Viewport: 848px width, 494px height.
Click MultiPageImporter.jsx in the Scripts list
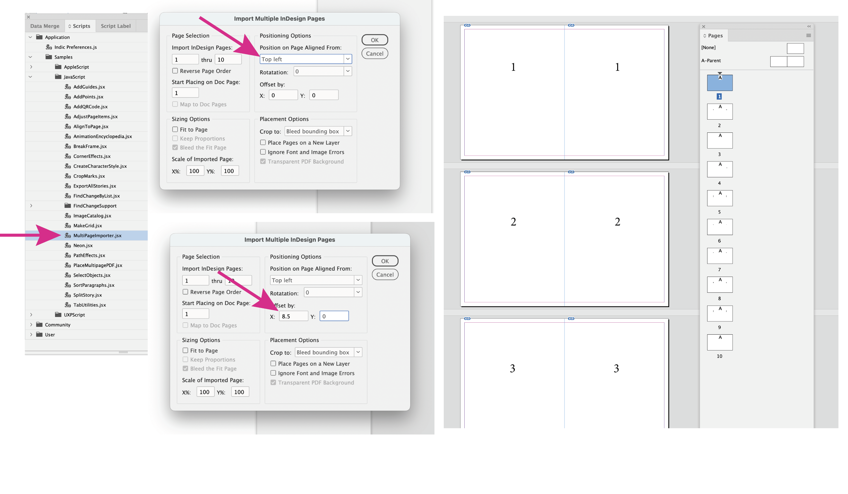(97, 236)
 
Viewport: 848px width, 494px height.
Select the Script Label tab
(115, 26)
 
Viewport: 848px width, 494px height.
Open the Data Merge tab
(45, 26)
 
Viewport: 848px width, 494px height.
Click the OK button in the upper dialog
(375, 40)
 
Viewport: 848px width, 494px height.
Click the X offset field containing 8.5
(293, 316)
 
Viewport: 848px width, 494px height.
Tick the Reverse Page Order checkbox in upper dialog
(175, 71)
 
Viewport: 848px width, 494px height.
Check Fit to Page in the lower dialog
(185, 351)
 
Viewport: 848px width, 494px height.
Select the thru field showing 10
(228, 60)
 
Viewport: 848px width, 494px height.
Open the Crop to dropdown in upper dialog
(318, 131)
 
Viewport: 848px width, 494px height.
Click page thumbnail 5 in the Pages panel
(719, 198)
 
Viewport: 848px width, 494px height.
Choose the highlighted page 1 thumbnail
(719, 83)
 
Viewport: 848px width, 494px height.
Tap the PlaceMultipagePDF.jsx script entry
(97, 265)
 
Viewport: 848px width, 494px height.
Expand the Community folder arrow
(31, 325)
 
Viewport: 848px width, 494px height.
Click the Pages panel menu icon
(808, 36)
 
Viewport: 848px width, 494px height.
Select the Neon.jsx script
(83, 245)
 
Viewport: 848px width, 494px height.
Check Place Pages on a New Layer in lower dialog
(273, 364)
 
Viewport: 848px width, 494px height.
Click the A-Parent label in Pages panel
(711, 61)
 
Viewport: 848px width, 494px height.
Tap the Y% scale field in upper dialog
(230, 171)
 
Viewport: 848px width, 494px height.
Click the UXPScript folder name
(74, 315)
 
